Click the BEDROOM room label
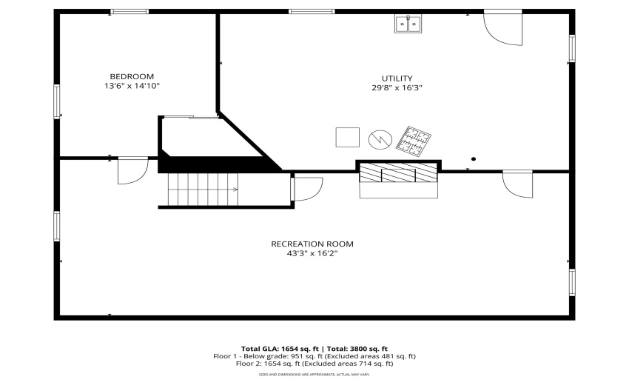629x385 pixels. [132, 76]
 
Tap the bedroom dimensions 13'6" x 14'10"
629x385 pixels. [132, 87]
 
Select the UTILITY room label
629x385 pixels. [397, 78]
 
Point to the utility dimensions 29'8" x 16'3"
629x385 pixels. [397, 88]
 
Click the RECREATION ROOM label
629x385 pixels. [312, 244]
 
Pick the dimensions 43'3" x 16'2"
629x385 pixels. [312, 254]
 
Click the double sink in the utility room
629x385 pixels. [407, 24]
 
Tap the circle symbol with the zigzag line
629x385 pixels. [379, 138]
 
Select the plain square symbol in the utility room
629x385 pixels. [347, 138]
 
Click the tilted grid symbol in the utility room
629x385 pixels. [414, 141]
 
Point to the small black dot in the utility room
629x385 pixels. [474, 158]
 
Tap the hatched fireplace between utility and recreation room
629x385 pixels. [398, 173]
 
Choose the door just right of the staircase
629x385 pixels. [306, 189]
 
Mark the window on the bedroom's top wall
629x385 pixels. [129, 11]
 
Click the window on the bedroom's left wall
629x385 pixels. [57, 101]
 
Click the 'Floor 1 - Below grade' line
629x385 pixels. [314, 356]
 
